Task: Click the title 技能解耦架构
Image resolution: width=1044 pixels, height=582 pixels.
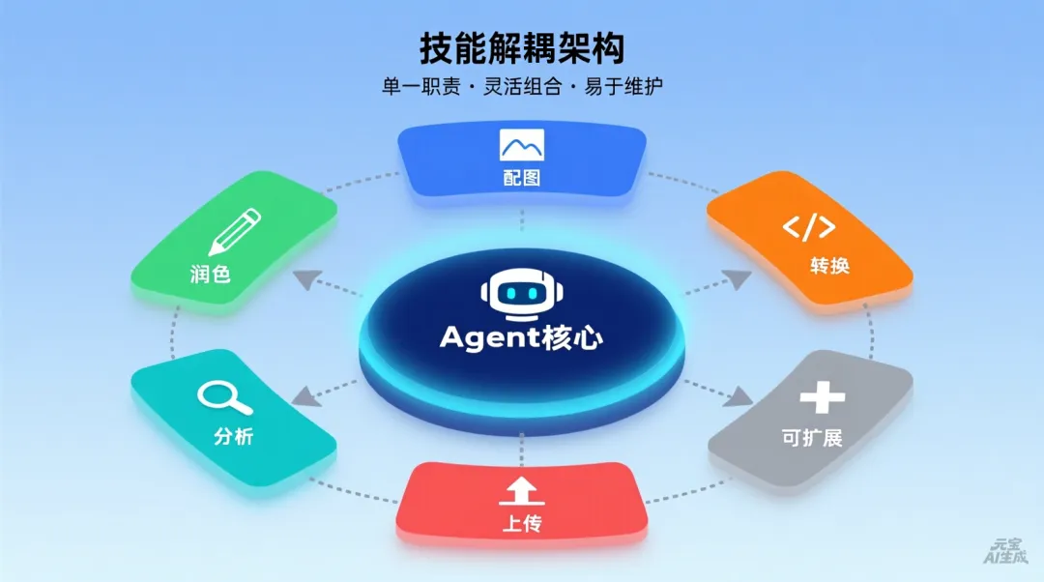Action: point(521,47)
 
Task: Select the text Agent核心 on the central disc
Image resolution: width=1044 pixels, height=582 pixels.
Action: point(521,336)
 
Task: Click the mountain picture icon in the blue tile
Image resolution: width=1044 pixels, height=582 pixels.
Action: point(522,144)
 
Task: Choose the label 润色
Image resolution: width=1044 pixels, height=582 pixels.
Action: point(210,274)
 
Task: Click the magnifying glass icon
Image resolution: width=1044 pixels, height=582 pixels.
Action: point(217,397)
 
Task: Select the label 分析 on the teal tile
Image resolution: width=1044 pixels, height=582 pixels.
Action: point(233,436)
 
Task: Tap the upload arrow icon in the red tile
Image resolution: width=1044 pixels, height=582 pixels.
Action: point(521,492)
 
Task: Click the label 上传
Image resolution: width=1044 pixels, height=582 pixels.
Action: point(521,524)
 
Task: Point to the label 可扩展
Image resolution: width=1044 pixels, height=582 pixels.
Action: point(812,438)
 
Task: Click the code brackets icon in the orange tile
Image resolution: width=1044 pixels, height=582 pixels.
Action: point(809,227)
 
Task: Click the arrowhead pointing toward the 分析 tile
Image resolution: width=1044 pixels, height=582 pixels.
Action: point(304,394)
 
